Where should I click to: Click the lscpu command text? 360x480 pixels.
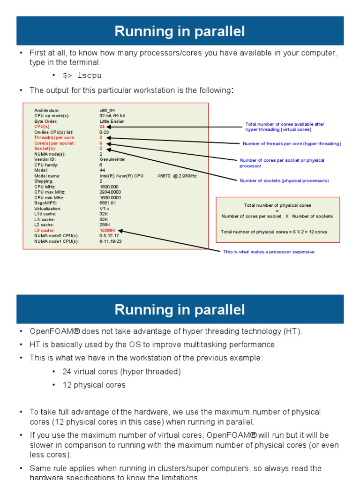click(x=82, y=75)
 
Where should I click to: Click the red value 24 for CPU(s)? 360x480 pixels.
click(x=102, y=127)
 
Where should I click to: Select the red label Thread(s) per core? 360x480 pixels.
click(x=54, y=138)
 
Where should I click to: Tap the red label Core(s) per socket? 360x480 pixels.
click(x=55, y=143)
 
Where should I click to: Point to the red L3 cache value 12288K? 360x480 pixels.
click(x=108, y=231)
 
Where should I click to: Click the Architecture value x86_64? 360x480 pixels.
click(x=107, y=111)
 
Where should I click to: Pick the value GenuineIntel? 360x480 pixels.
click(x=112, y=159)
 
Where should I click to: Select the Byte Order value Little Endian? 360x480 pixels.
click(x=112, y=121)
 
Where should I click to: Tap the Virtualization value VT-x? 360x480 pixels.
click(x=104, y=209)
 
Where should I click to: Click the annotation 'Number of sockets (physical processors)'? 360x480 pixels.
click(x=284, y=180)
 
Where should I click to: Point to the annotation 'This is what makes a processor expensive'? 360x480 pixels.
click(x=269, y=252)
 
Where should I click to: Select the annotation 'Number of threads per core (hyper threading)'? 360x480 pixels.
click(x=292, y=143)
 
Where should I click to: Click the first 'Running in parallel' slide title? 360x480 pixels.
click(x=180, y=31)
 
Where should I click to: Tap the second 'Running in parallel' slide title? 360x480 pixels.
click(x=180, y=310)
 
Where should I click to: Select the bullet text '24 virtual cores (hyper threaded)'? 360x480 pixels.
click(x=121, y=372)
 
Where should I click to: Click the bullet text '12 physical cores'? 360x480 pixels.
click(x=94, y=385)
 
